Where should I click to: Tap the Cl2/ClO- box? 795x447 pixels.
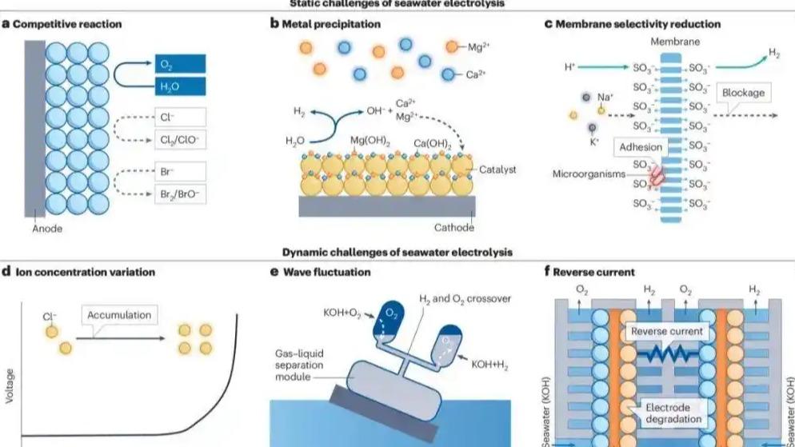181,141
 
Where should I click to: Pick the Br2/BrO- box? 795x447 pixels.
181,194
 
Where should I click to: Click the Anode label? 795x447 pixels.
46,228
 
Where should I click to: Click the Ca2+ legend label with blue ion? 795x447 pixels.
477,74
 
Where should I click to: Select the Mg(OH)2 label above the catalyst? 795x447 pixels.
369,142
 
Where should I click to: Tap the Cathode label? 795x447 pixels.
454,228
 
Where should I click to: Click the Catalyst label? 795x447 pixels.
498,170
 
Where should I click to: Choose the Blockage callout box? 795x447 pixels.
742,93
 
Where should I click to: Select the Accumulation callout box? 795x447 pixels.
118,314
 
